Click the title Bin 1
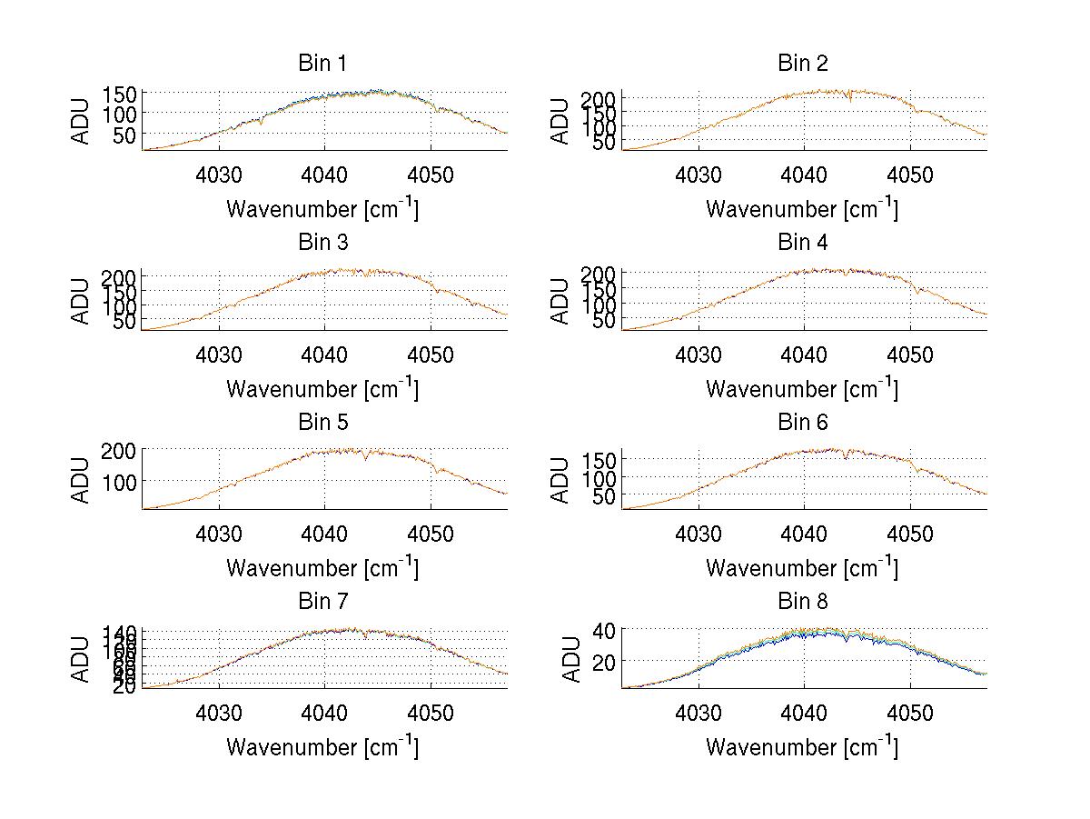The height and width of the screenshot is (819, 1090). (322, 64)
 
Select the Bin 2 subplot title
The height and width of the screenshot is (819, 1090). (803, 64)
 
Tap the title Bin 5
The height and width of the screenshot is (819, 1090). (322, 423)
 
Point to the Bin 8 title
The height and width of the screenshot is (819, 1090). (803, 602)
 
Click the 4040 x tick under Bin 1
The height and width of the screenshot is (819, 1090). (324, 174)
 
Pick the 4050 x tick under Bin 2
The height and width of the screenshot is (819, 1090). (910, 174)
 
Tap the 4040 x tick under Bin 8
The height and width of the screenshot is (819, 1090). (804, 712)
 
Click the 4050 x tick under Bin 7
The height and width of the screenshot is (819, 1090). (431, 712)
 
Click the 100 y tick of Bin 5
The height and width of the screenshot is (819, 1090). (121, 481)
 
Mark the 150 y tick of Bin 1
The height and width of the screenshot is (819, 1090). (121, 94)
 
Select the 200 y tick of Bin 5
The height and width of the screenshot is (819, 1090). (121, 451)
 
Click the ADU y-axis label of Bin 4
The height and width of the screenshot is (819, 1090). (561, 301)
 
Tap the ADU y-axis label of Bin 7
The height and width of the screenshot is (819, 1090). (82, 660)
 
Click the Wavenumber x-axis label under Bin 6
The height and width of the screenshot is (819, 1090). (802, 568)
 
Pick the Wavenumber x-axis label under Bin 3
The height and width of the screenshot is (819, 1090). (322, 389)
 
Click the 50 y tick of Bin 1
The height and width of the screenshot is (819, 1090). (126, 135)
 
